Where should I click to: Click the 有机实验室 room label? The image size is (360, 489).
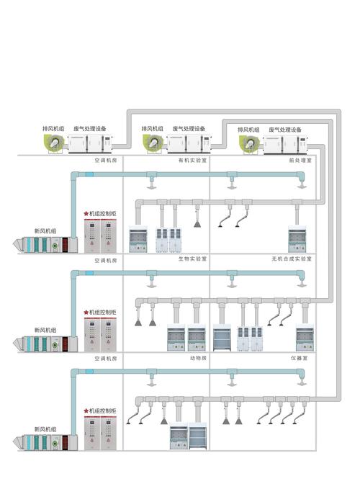pyautogui.click(x=192, y=161)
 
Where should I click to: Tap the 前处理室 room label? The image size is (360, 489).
pyautogui.click(x=300, y=161)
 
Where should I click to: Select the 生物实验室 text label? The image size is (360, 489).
pyautogui.click(x=192, y=259)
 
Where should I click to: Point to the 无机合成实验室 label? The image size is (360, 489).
pyautogui.click(x=292, y=259)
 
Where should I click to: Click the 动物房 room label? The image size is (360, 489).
pyautogui.click(x=198, y=358)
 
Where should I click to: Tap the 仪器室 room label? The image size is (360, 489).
pyautogui.click(x=300, y=358)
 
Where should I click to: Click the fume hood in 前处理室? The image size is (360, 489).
pyautogui.click(x=297, y=239)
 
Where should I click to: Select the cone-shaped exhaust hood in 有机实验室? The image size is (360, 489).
pyautogui.click(x=197, y=223)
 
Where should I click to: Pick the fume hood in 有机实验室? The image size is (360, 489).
pyautogui.click(x=138, y=239)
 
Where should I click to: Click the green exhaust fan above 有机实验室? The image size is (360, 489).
pyautogui.click(x=153, y=143)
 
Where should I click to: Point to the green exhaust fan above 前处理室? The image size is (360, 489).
pyautogui.click(x=249, y=145)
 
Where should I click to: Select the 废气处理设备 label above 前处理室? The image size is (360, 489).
pyautogui.click(x=285, y=130)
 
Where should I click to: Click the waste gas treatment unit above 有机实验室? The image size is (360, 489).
pyautogui.click(x=188, y=143)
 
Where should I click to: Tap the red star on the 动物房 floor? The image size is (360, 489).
pyautogui.click(x=86, y=411)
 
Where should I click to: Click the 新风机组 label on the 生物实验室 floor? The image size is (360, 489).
pyautogui.click(x=45, y=330)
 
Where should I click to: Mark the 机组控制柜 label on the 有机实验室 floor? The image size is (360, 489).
pyautogui.click(x=102, y=214)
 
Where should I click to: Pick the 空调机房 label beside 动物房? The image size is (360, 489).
pyautogui.click(x=106, y=359)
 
